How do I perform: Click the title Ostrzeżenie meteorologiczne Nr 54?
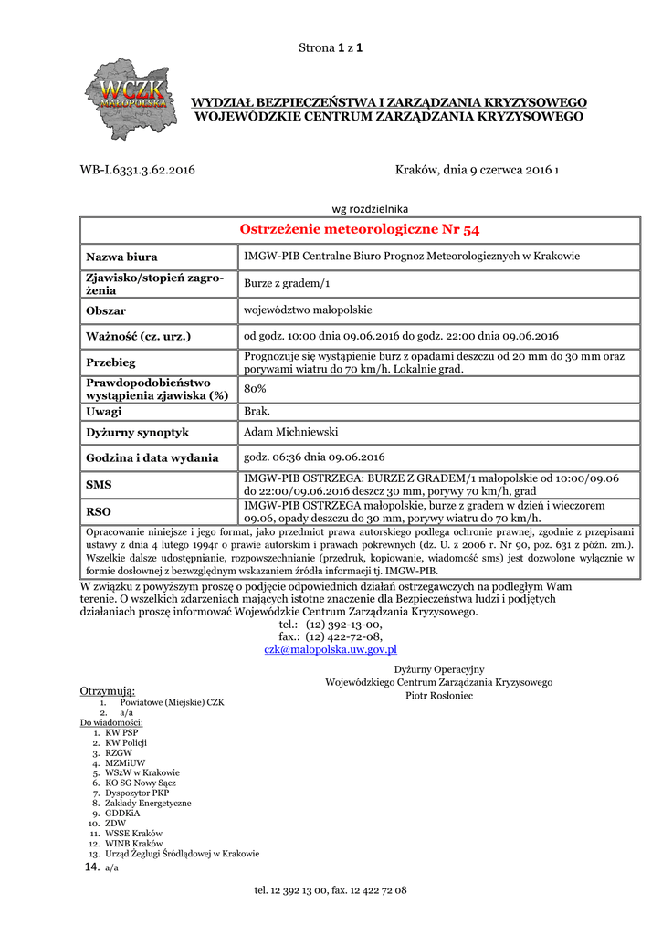(359, 229)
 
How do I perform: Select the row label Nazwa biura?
(121, 257)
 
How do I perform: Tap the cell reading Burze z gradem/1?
(287, 284)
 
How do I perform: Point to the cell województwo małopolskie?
(308, 310)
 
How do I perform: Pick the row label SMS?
(99, 485)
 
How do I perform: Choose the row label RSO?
(99, 511)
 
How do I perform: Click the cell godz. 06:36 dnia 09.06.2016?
(314, 457)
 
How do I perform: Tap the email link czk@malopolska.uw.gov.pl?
(330, 649)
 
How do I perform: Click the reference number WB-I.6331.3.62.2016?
(137, 170)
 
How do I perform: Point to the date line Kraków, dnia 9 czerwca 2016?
(476, 170)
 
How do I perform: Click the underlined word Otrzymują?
(108, 690)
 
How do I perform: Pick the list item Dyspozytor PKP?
(137, 793)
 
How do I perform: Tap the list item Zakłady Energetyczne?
(148, 803)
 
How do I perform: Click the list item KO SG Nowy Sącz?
(141, 783)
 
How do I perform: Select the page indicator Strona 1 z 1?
(331, 47)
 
